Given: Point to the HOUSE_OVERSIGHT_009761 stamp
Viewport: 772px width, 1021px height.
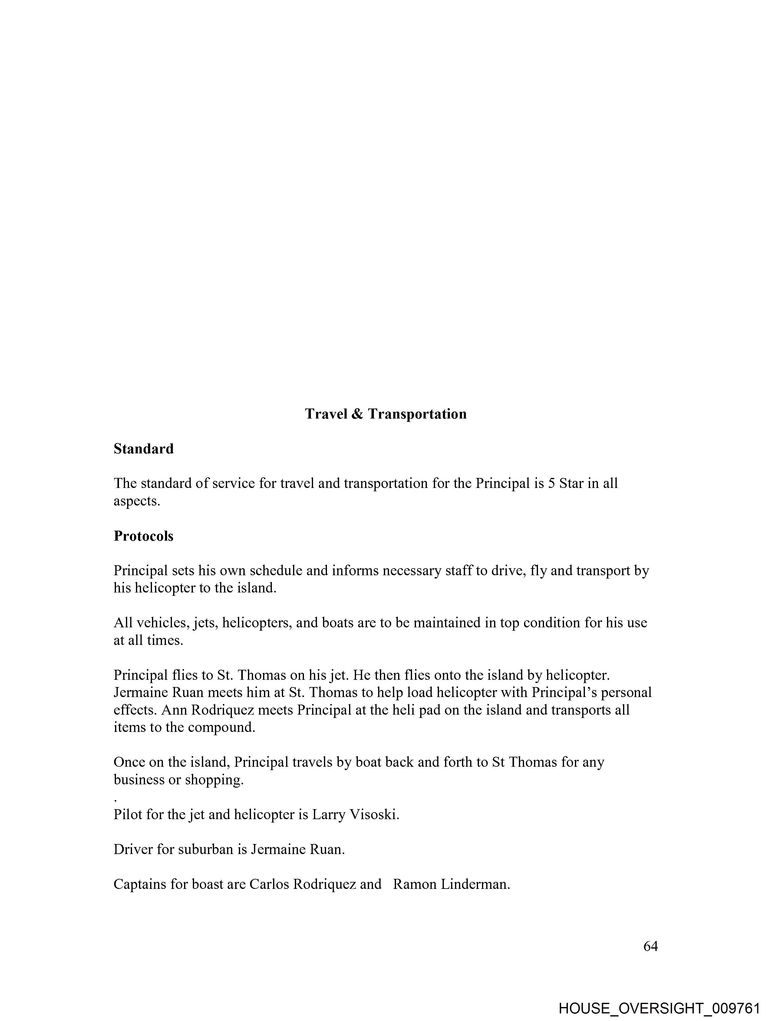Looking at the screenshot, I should point(658,1008).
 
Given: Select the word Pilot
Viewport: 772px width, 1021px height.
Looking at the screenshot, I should point(128,814).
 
